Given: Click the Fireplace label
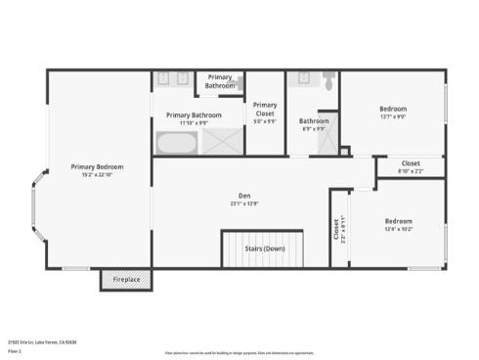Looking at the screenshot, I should [126, 281].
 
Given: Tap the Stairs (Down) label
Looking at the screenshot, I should [265, 248].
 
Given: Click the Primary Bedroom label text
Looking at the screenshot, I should [97, 166].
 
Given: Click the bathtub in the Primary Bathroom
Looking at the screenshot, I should [176, 144].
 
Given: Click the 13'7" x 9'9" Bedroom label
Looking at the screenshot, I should [393, 109].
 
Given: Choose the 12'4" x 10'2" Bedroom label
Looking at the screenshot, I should [398, 221].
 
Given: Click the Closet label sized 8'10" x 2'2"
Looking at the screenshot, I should [411, 163].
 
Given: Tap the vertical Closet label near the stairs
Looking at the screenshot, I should [337, 230].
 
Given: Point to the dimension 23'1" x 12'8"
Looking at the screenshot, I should [244, 203].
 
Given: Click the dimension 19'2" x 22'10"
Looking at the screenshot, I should [97, 174].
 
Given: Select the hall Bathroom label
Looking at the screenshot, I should [314, 121].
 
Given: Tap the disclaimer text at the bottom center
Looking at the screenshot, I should [239, 350].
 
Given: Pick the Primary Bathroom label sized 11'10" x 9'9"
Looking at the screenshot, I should [187, 115].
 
